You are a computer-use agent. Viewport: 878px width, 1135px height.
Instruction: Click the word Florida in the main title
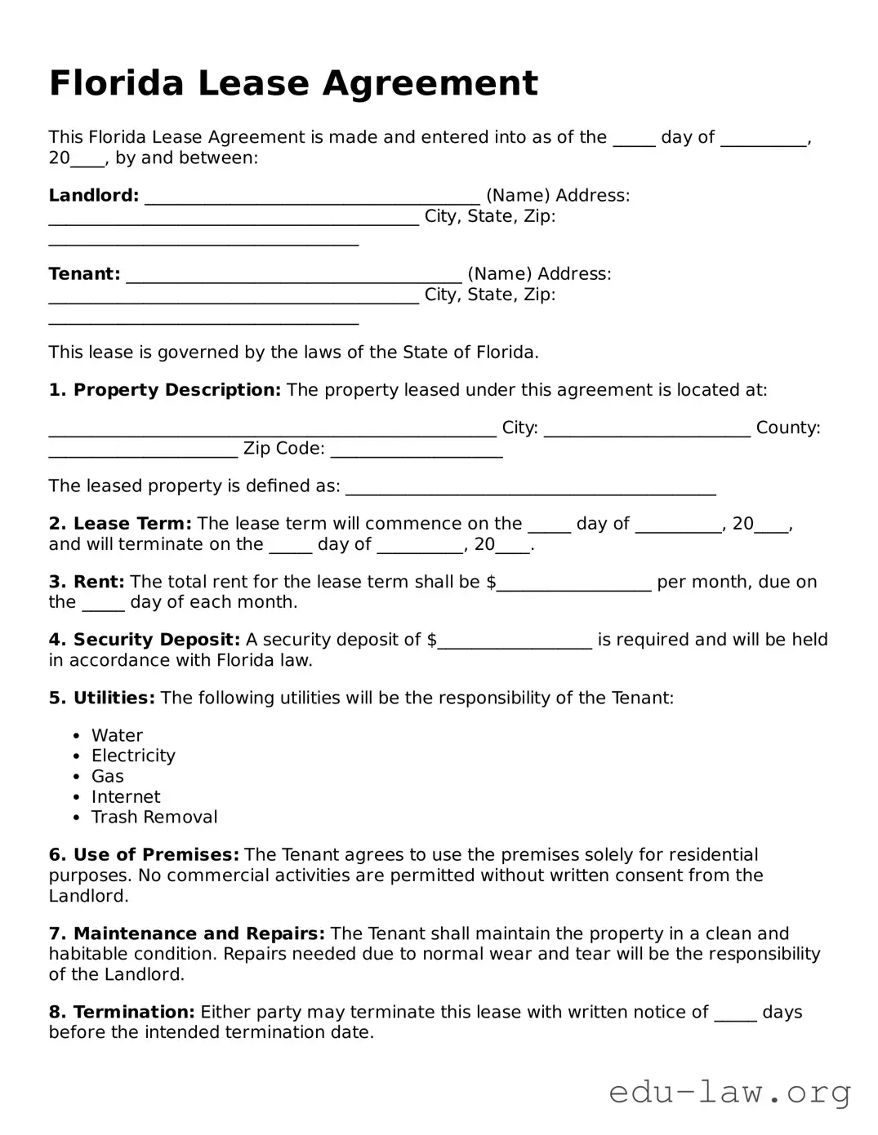coord(115,83)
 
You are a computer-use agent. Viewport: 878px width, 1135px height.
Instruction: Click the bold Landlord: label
coord(94,196)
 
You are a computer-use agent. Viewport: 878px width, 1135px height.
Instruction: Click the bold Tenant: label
coord(84,274)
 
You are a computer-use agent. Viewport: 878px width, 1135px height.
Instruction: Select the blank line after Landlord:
coord(312,198)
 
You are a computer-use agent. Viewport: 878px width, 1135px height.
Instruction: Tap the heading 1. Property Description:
coord(164,390)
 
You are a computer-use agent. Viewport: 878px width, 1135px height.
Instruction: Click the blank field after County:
coord(143,451)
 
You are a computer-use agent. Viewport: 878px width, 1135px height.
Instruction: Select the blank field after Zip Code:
coord(417,451)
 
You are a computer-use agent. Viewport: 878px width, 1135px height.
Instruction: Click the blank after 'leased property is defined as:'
coord(531,490)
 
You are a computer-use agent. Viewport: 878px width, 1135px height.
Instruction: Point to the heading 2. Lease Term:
coord(120,524)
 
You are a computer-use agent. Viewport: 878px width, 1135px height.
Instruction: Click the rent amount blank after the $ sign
coord(574,585)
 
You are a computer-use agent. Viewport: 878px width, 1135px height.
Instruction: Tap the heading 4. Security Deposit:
coord(145,640)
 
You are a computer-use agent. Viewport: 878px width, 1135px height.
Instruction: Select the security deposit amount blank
coord(515,643)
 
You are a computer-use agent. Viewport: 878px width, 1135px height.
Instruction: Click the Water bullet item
coord(117,736)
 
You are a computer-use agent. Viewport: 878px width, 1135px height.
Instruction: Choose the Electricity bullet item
coord(133,756)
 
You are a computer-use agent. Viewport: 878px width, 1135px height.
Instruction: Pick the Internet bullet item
coord(126,797)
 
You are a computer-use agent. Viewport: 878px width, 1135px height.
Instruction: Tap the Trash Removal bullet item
coord(154,818)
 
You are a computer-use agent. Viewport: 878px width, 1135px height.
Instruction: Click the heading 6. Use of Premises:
coord(144,855)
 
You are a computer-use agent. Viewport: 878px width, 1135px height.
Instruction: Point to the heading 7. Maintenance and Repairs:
coord(187,933)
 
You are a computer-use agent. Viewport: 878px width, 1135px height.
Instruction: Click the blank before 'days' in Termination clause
coord(735,1015)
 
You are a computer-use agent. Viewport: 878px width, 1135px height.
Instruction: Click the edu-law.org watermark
coord(730,1091)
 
